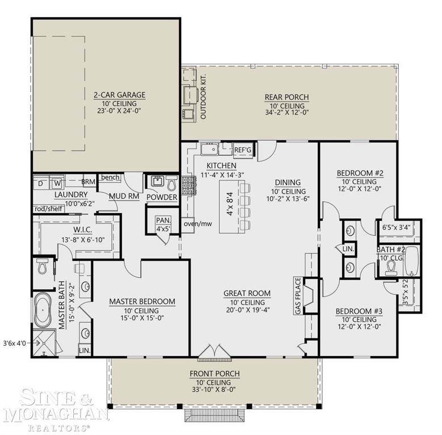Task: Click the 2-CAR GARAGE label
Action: (x=120, y=95)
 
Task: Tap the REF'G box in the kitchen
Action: (x=243, y=150)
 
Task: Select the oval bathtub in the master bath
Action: (x=43, y=310)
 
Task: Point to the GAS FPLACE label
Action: (x=298, y=296)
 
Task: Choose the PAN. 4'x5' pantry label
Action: (x=163, y=224)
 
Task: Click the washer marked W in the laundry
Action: (x=57, y=183)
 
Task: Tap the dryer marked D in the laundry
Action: (x=41, y=183)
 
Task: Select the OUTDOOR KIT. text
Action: (x=203, y=96)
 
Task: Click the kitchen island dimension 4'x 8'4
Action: (x=230, y=204)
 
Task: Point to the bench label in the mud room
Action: (x=110, y=177)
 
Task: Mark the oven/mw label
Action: (x=198, y=224)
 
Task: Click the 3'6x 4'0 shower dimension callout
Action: (x=15, y=343)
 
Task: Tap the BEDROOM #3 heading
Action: (x=359, y=311)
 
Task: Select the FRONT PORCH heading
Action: (x=215, y=374)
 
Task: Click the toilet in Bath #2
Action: (x=391, y=268)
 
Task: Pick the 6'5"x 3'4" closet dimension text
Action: (x=396, y=227)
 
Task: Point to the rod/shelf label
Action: (x=48, y=209)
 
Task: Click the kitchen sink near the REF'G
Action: (x=209, y=149)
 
